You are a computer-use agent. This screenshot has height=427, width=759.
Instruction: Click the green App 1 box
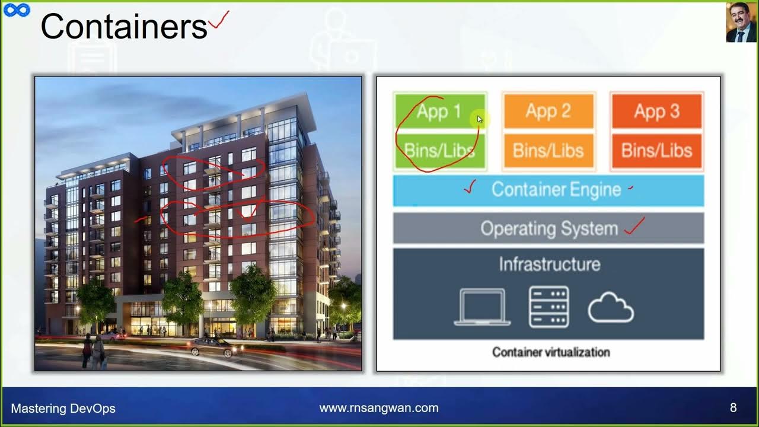tap(439, 111)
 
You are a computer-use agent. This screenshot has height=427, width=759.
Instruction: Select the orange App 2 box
tap(548, 111)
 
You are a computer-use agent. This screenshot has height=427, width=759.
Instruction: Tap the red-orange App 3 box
tap(656, 111)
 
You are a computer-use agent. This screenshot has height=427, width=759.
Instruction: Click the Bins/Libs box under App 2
tap(548, 151)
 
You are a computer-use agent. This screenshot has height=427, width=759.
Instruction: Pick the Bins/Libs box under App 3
tap(656, 151)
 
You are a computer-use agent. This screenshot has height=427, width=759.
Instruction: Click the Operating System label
tap(549, 228)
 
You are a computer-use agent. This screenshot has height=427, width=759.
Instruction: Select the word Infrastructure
tap(549, 264)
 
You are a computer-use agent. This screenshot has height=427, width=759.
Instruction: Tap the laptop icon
tap(482, 307)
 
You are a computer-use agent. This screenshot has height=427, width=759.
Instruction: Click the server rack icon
tap(548, 307)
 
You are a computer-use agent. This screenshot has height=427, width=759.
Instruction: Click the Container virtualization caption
tap(551, 352)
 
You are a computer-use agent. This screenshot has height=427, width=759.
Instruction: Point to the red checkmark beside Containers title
tap(218, 22)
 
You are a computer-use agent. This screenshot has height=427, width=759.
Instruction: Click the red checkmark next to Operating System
tap(634, 225)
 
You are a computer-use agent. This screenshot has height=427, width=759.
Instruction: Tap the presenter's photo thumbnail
tap(741, 23)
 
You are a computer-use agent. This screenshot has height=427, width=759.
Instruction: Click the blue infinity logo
tap(17, 11)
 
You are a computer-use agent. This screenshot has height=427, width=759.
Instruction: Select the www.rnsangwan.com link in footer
tap(379, 408)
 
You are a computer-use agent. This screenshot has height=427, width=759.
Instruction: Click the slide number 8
tap(734, 408)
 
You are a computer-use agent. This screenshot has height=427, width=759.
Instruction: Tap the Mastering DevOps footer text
tap(63, 409)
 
